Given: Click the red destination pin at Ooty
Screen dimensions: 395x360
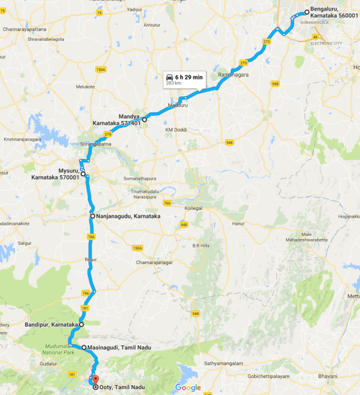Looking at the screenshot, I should point(96,379).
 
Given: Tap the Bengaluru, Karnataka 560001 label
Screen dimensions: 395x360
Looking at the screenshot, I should point(334,12).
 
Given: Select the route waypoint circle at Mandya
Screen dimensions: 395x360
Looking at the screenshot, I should point(144,119).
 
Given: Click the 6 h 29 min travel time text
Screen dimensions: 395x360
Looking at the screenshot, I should point(189,77).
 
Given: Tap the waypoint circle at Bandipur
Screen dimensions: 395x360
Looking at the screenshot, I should point(81,324).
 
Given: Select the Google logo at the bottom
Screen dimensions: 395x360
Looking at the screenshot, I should point(188,388).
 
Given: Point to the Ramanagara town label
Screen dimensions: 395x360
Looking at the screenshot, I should point(233,75).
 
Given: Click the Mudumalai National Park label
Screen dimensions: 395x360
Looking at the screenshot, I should point(62,349).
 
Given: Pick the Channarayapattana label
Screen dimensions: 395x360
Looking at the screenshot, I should point(24,29).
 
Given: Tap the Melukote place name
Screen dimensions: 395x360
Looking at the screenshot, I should point(85,86).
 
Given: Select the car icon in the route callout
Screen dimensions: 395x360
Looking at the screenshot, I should point(169,77).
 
